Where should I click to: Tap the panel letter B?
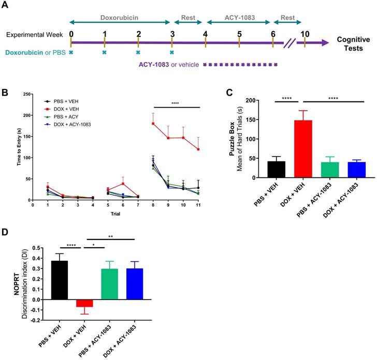pyautogui.click(x=5, y=93)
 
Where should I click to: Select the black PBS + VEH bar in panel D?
pyautogui.click(x=60, y=280)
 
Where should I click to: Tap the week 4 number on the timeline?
pyautogui.click(x=206, y=35)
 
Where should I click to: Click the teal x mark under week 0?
pyautogui.click(x=71, y=52)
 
